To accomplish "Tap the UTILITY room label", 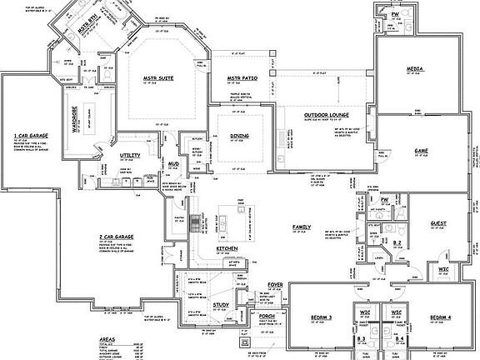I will [129, 155].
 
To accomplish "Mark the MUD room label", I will [173, 164].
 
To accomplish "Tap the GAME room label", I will [421, 150].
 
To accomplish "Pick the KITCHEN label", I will [228, 249].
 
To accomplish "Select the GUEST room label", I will [437, 222].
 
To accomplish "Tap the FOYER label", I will [275, 285].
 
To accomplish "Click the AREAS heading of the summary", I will [107, 341].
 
